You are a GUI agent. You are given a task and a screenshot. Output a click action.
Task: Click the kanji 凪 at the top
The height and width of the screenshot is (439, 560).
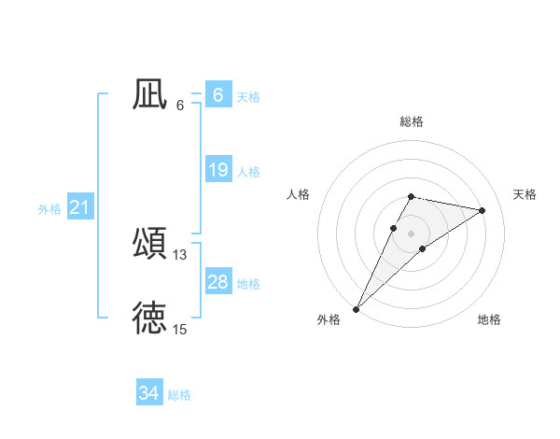point(149,93)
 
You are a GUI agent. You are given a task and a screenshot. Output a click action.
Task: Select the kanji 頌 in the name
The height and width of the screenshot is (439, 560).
point(149,243)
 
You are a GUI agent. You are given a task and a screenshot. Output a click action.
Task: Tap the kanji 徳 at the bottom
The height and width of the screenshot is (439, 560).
point(149,318)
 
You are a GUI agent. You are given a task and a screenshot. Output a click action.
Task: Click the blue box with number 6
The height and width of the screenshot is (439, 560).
point(217,95)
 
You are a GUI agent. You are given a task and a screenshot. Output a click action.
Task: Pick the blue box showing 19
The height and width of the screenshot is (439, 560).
point(217,170)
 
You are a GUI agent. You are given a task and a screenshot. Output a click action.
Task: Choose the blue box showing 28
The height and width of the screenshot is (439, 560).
point(217,282)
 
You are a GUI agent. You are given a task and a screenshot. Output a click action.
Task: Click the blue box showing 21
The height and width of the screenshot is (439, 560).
point(79,207)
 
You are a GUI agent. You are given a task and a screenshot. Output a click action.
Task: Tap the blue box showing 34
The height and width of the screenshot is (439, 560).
point(148,393)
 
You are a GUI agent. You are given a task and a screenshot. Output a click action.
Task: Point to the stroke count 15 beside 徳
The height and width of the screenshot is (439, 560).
point(180,330)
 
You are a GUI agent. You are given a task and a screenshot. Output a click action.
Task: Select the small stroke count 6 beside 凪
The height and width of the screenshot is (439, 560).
point(180,106)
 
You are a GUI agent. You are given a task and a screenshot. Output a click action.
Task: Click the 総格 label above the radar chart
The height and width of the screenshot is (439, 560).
point(411,122)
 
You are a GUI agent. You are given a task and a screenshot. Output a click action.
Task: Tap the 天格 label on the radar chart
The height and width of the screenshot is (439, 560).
point(525,194)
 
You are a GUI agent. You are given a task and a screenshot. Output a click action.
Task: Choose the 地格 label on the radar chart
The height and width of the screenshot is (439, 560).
point(489,320)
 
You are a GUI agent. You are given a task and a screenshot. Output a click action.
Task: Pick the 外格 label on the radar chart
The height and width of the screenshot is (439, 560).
point(329,320)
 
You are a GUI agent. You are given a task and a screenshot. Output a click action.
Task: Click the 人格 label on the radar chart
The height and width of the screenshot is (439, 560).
point(299,194)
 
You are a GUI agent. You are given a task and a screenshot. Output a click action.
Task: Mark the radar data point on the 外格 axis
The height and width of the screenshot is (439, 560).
point(356,308)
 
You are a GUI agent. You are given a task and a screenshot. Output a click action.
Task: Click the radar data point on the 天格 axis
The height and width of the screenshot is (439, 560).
point(482,210)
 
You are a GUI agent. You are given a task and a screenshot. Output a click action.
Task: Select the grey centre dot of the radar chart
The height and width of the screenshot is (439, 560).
point(411,234)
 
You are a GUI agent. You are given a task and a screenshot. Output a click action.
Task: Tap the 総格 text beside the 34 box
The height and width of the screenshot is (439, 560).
point(179,395)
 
